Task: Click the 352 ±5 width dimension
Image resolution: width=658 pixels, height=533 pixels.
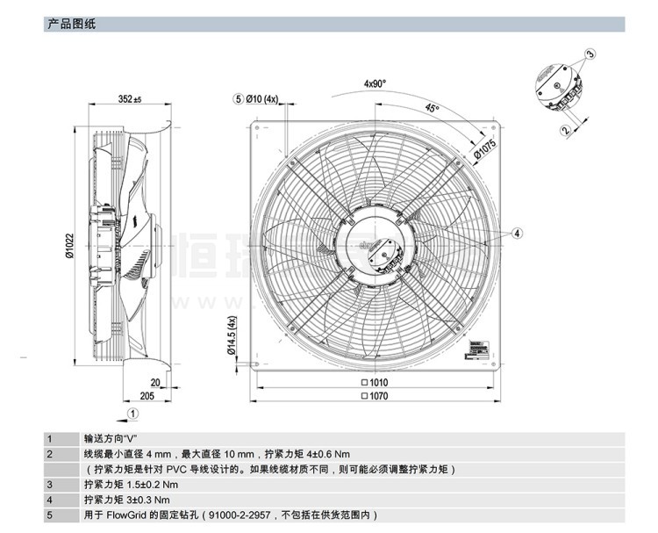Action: [x=128, y=99]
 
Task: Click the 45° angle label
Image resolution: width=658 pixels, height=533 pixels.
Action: [x=432, y=108]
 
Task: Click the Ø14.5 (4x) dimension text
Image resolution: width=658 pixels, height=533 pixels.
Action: [x=232, y=335]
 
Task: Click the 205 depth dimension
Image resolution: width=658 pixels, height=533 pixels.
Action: [x=147, y=396]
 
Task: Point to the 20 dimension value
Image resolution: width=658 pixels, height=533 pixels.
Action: [x=155, y=383]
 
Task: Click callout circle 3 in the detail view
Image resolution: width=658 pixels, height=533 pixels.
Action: [x=590, y=54]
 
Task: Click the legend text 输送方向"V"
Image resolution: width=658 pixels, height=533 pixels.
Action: [x=111, y=438]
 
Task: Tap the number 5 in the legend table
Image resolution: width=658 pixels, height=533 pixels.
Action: [x=50, y=515]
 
